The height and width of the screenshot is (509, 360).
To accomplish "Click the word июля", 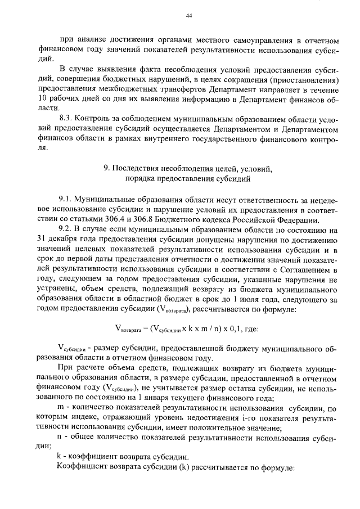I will click(x=260, y=298).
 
